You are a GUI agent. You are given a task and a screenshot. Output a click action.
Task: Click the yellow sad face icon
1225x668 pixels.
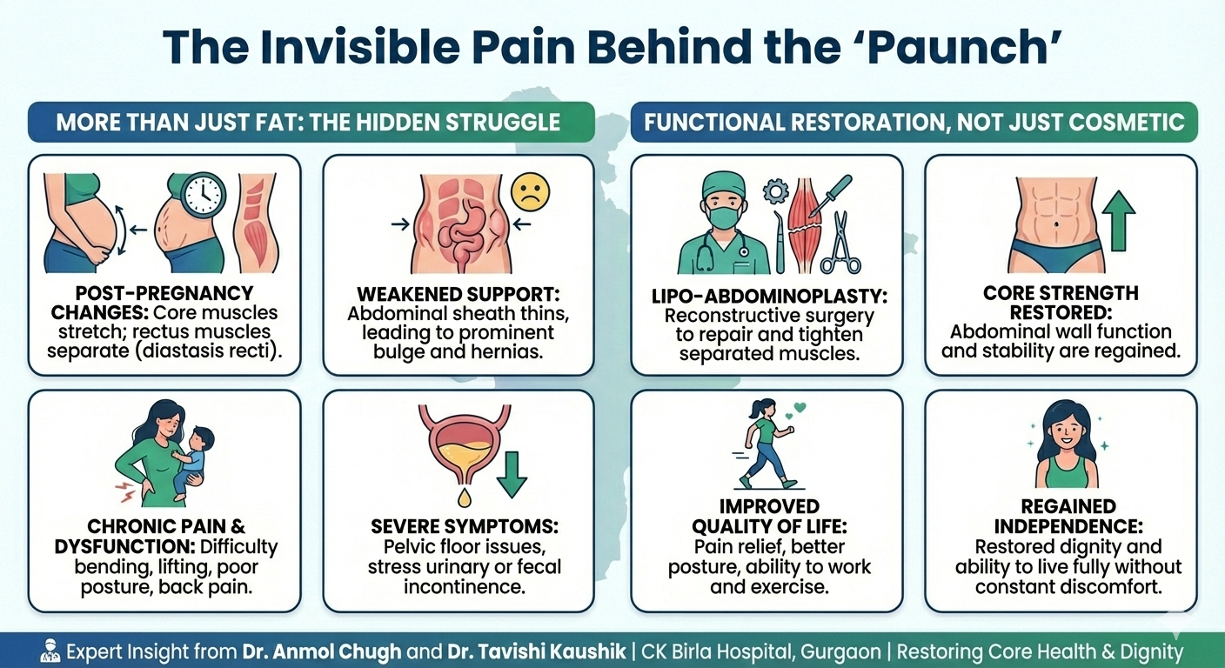click(x=530, y=192)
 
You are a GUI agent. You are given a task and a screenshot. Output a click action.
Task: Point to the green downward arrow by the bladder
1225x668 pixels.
click(x=512, y=475)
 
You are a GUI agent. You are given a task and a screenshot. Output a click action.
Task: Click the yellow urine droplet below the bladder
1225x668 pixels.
click(x=465, y=498)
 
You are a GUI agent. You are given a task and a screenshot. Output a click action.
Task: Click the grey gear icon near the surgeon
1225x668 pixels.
click(x=776, y=192)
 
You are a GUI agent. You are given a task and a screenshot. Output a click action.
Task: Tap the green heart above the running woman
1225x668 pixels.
click(x=800, y=407)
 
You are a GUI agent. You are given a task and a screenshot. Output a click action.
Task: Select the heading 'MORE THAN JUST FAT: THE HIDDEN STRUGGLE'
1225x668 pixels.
click(x=308, y=123)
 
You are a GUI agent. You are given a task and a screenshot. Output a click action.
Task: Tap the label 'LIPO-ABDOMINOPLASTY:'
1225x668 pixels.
click(x=769, y=297)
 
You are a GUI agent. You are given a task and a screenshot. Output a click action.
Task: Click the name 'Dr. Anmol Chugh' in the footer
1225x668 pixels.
click(x=322, y=651)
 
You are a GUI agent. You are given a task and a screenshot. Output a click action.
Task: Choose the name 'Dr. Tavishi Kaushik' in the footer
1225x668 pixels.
click(x=537, y=651)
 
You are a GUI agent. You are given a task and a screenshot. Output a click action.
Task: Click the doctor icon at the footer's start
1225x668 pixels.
click(x=50, y=651)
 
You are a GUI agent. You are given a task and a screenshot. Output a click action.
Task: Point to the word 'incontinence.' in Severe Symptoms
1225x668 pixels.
click(x=465, y=586)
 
